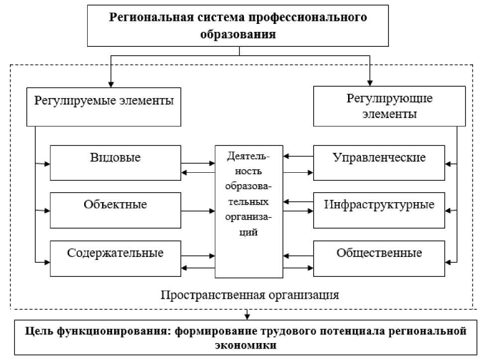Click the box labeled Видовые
click(x=116, y=163)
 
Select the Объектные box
click(x=116, y=210)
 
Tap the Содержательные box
click(x=116, y=259)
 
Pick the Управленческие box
click(x=379, y=163)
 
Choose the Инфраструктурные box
click(x=379, y=210)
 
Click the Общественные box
click(x=379, y=259)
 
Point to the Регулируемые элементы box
click(x=104, y=107)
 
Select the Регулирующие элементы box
click(x=389, y=106)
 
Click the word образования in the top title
click(x=238, y=34)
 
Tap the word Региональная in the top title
click(x=151, y=17)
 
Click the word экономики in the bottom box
click(x=245, y=345)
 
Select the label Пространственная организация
click(x=250, y=295)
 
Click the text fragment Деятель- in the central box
click(x=248, y=156)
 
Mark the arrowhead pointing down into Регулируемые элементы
click(x=111, y=85)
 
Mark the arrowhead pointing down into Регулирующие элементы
click(x=370, y=83)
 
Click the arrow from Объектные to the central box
click(x=198, y=211)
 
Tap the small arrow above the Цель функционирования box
click(x=247, y=314)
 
